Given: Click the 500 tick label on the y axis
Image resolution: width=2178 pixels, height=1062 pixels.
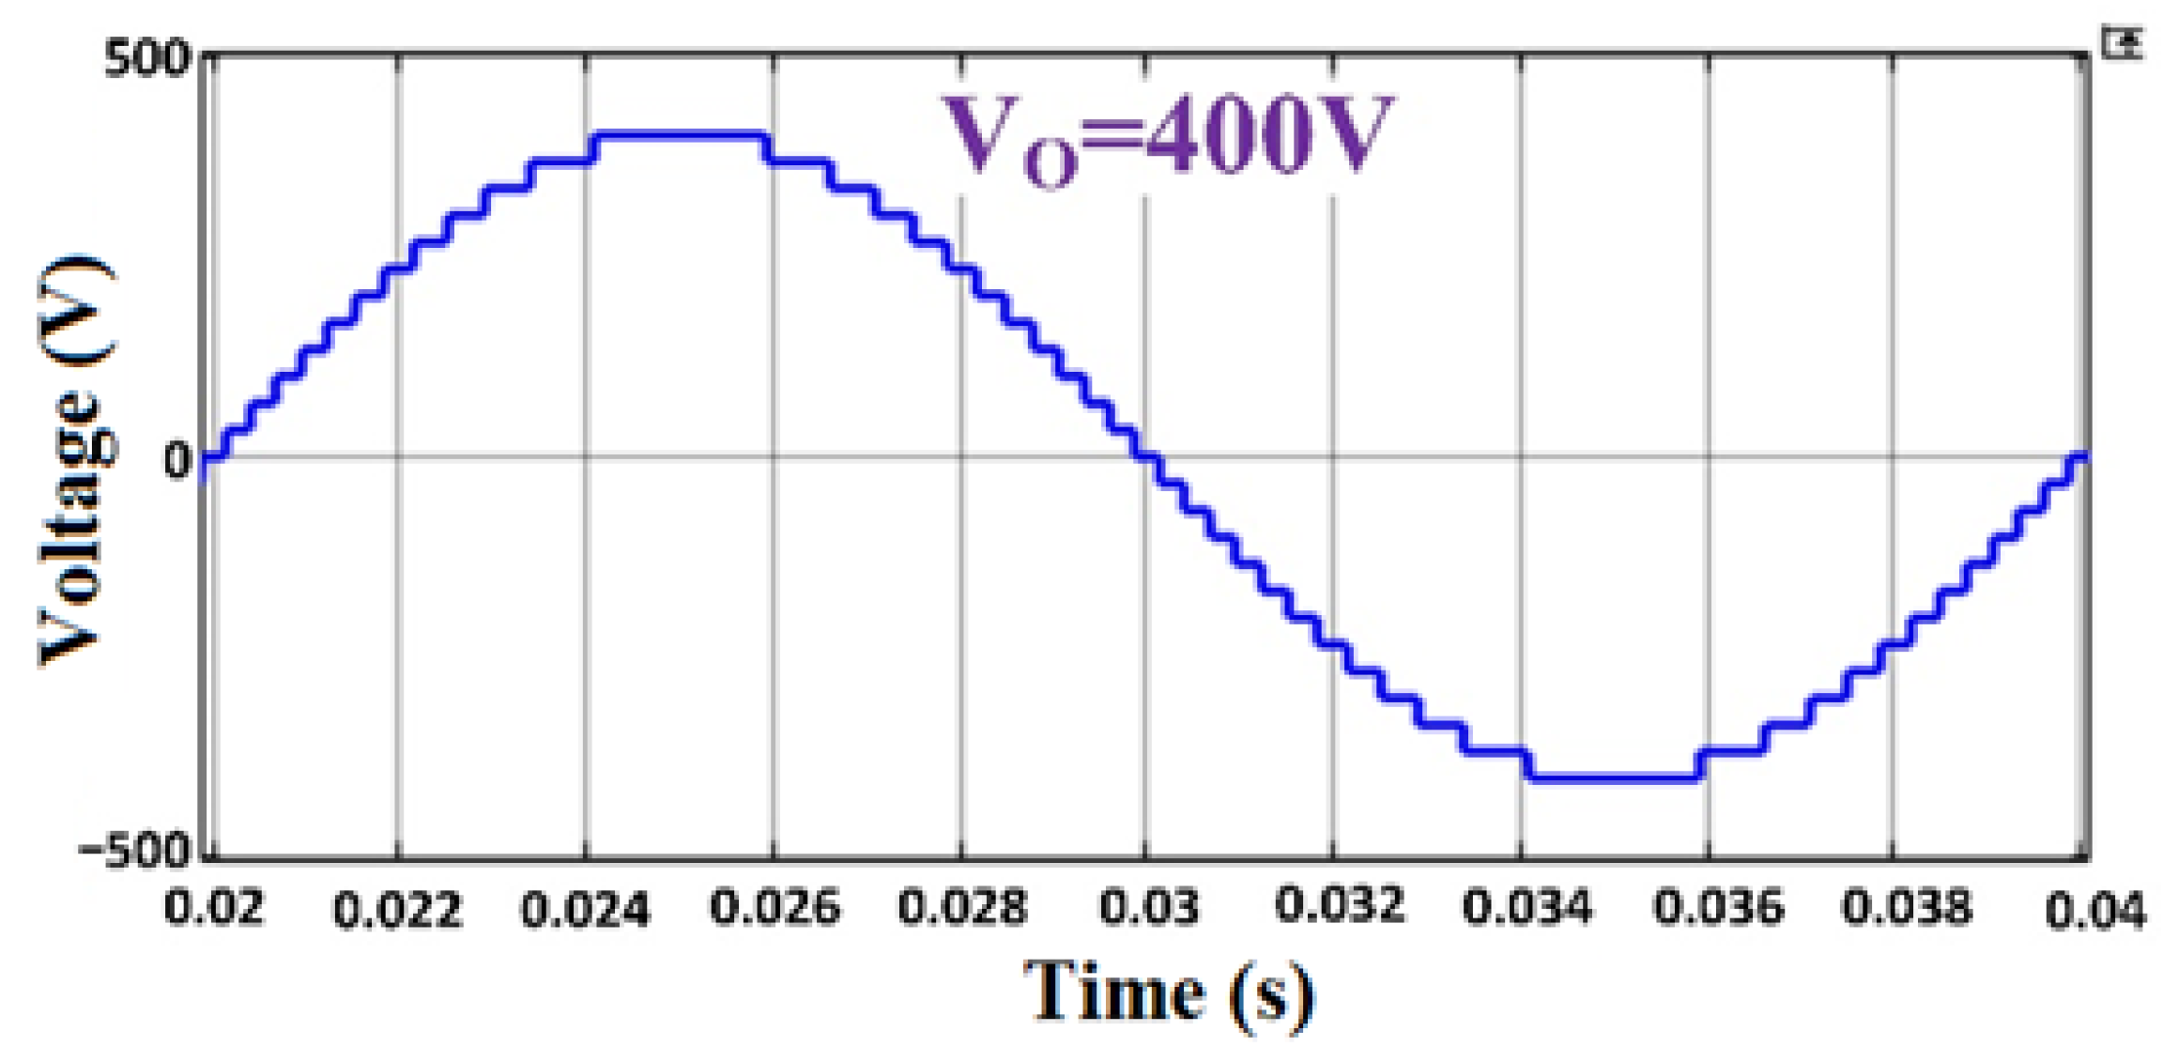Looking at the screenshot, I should [146, 60].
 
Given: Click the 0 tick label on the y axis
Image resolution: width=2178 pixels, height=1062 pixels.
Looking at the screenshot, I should [176, 461].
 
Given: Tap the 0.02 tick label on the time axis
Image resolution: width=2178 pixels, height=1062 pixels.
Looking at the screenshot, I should [214, 908].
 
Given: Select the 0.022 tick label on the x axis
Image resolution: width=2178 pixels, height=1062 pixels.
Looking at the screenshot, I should [398, 910].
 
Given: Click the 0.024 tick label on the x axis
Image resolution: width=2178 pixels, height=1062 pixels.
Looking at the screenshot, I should [585, 910].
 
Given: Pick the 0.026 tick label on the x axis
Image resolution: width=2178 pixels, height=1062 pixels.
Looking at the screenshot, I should [775, 908].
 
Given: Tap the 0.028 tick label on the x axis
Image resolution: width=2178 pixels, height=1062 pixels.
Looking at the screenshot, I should [962, 908].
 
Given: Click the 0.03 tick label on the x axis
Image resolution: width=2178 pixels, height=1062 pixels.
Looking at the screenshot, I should [1149, 908].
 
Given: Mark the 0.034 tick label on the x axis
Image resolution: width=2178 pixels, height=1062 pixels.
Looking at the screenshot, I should [1527, 908].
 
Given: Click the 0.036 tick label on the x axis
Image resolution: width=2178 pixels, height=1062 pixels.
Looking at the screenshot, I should [1717, 908].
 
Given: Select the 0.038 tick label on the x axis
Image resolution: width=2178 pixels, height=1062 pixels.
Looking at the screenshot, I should [1907, 908].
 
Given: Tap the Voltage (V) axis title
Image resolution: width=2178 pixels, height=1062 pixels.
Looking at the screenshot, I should [77, 460].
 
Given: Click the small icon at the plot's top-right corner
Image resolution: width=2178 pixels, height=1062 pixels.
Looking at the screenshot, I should [2122, 43].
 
